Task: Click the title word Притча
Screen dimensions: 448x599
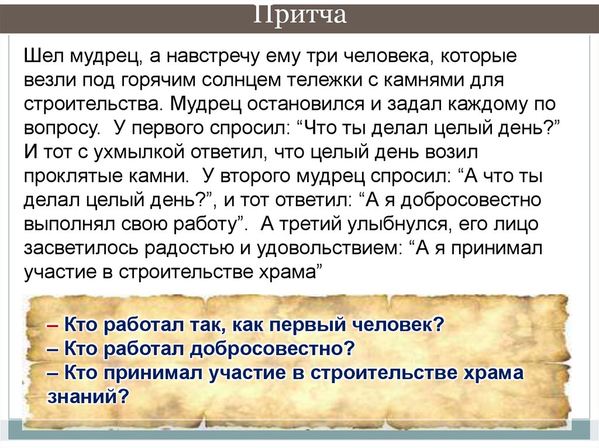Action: pos(300,15)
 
